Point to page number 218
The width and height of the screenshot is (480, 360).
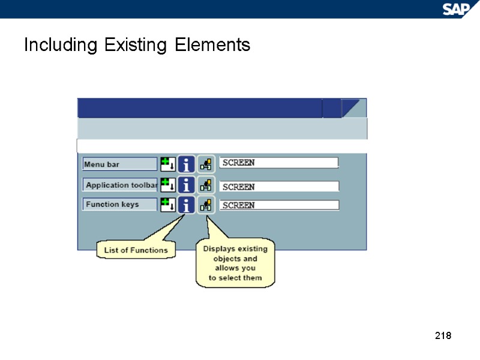(442, 335)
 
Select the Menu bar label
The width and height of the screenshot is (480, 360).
(119, 164)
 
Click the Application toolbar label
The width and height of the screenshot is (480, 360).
(120, 185)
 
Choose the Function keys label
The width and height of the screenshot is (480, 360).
(119, 205)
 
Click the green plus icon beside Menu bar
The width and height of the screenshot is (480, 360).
(167, 164)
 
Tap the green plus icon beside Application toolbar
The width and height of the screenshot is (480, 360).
(167, 184)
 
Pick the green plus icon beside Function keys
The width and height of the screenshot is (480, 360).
(167, 204)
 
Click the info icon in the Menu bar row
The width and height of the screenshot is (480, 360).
(187, 164)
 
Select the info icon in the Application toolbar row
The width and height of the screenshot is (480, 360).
(187, 184)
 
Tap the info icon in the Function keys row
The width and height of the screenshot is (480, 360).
(187, 205)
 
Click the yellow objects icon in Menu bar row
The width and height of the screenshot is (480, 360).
(206, 164)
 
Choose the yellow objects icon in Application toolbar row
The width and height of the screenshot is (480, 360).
(206, 184)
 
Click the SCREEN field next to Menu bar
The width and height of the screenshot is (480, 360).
(279, 163)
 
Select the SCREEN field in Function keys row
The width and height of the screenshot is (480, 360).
(279, 205)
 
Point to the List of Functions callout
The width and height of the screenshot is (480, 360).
(136, 250)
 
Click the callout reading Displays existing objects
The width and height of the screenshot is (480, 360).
(235, 263)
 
